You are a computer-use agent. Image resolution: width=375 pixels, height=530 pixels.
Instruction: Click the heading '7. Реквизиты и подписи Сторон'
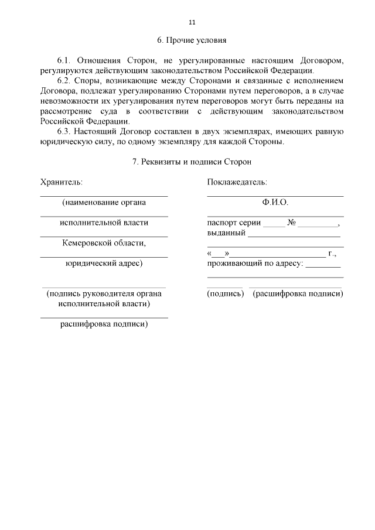pyautogui.click(x=192, y=162)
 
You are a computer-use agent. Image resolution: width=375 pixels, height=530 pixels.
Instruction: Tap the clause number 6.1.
pyautogui.click(x=63, y=60)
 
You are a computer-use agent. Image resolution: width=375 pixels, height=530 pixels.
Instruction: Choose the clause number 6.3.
pyautogui.click(x=63, y=131)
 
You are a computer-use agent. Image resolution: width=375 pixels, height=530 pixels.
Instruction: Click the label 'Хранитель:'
pyautogui.click(x=61, y=182)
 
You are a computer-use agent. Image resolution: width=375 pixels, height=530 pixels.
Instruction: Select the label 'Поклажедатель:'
pyautogui.click(x=237, y=182)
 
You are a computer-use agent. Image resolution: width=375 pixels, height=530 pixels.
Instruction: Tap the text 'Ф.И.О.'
pyautogui.click(x=275, y=202)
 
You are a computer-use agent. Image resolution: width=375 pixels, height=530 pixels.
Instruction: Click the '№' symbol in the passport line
pyautogui.click(x=291, y=223)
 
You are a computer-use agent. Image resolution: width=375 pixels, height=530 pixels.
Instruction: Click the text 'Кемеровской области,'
pyautogui.click(x=104, y=242)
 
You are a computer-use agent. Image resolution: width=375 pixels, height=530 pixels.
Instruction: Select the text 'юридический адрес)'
pyautogui.click(x=104, y=263)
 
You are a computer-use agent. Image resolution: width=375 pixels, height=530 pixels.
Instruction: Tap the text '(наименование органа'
pyautogui.click(x=104, y=202)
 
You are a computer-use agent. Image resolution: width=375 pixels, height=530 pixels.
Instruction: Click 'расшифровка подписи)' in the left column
pyautogui.click(x=104, y=324)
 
